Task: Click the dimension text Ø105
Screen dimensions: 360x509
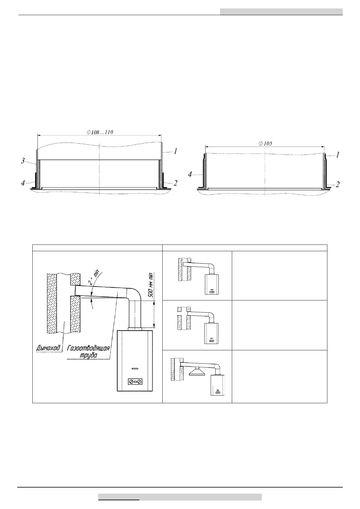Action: tap(265, 143)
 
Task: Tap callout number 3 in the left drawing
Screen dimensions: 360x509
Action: tap(23, 161)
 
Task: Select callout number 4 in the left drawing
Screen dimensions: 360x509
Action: tap(23, 183)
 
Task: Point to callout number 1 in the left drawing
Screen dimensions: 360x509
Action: tap(175, 151)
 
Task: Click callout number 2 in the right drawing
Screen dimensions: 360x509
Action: tap(338, 184)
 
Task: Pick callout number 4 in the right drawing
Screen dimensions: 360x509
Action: tap(190, 174)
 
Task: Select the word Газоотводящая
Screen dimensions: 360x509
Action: tap(88, 348)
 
